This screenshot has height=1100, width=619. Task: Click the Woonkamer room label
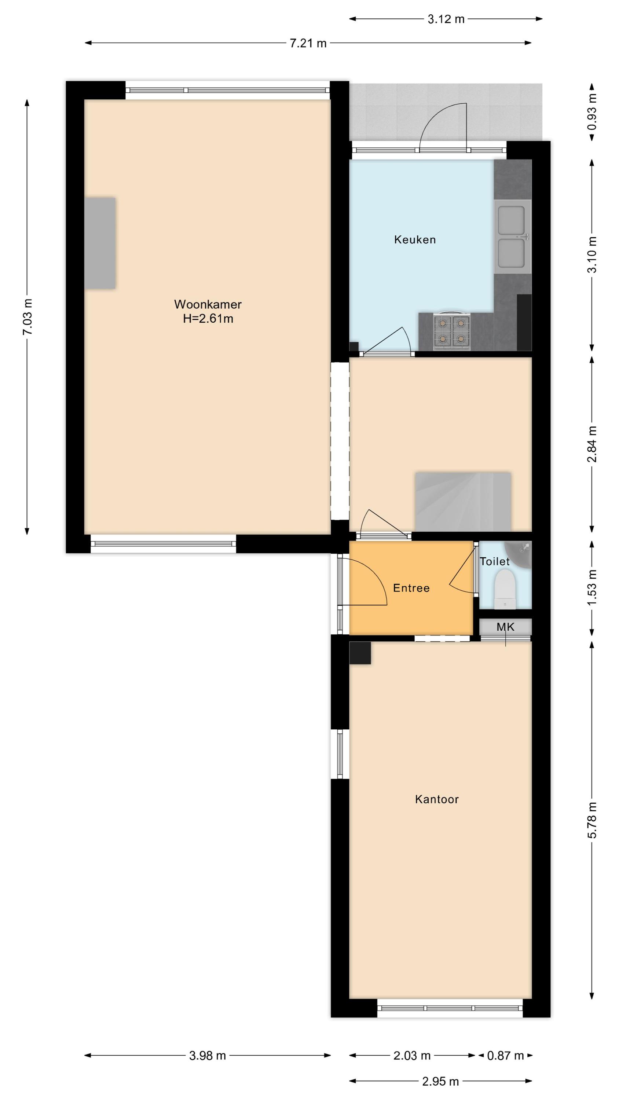tap(208, 304)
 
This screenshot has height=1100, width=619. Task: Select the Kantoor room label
tap(437, 799)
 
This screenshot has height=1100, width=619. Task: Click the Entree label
tap(411, 588)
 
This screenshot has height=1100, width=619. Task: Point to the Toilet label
tap(495, 561)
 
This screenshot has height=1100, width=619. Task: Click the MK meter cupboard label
tap(505, 627)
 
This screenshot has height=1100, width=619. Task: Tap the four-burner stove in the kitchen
tap(451, 331)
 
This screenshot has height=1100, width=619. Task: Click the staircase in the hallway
tap(463, 501)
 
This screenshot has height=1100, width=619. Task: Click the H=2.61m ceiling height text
tap(208, 319)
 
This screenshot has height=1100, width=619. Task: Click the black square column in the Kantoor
tap(360, 653)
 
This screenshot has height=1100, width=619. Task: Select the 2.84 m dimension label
tap(592, 444)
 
